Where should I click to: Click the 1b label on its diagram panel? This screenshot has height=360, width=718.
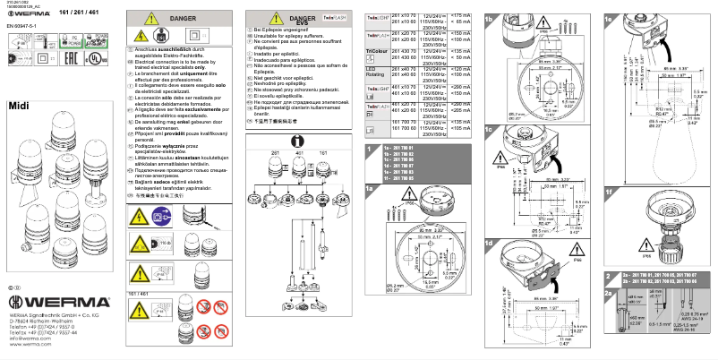pyautogui.click(x=489, y=18)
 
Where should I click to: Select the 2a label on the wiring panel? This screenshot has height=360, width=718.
pyautogui.click(x=611, y=293)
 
